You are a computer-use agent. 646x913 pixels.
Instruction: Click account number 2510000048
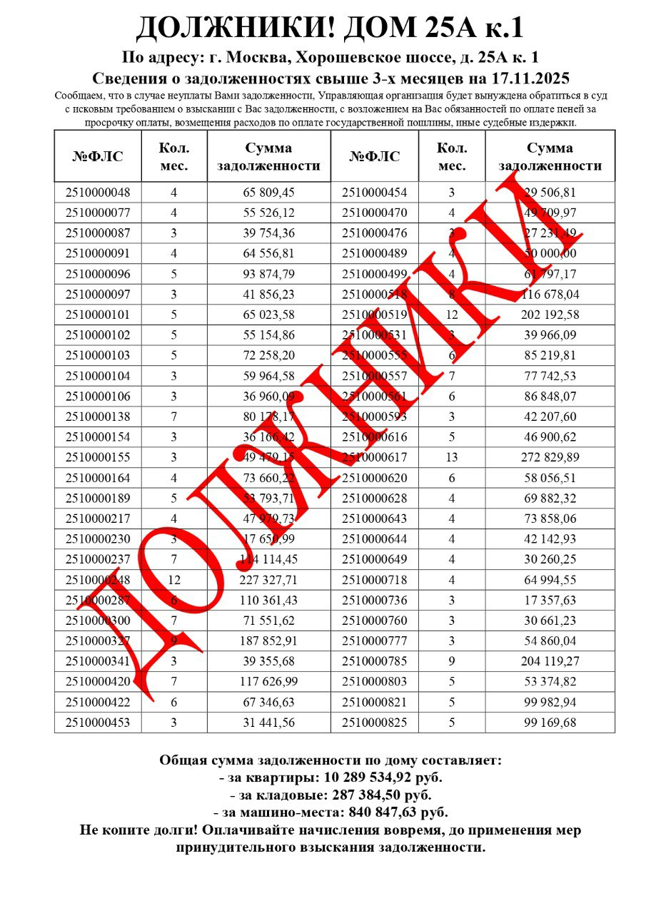coord(98,193)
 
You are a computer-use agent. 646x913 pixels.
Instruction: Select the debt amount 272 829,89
coord(550,457)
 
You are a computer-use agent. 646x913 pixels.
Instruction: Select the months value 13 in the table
coord(451,457)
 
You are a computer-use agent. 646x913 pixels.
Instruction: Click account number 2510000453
coord(98,723)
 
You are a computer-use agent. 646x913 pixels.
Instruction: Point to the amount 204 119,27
coord(550,661)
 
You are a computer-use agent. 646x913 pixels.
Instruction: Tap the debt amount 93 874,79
coord(268,274)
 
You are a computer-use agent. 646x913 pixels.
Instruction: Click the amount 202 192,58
coord(550,315)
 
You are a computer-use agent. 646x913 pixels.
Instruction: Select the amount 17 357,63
coord(550,600)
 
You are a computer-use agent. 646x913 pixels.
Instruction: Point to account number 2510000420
coord(98,682)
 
